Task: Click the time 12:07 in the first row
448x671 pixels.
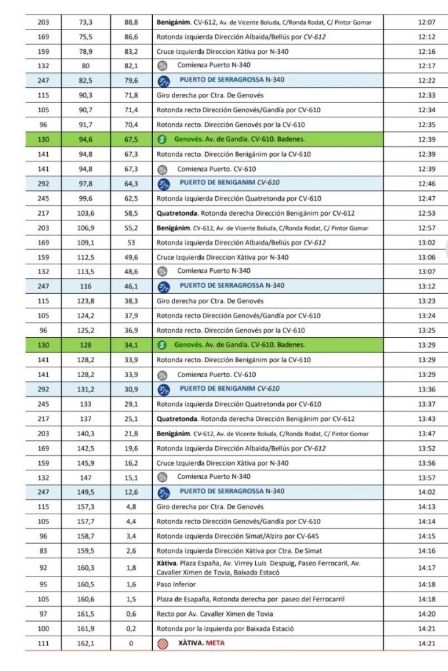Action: click(x=427, y=22)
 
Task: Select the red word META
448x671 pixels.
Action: click(x=214, y=643)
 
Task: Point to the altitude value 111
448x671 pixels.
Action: click(x=44, y=643)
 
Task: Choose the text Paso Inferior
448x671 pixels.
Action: click(x=176, y=584)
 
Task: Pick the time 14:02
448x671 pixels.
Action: click(x=427, y=491)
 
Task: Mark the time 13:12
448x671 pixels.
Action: click(x=427, y=286)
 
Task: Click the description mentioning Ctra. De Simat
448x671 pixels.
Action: click(x=249, y=550)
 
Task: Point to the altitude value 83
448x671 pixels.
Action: click(x=44, y=550)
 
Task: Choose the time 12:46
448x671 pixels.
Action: click(x=427, y=184)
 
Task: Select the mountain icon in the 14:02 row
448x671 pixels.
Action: click(x=165, y=491)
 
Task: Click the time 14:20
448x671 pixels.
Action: click(x=427, y=613)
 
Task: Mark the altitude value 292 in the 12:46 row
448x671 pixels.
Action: click(x=44, y=184)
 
